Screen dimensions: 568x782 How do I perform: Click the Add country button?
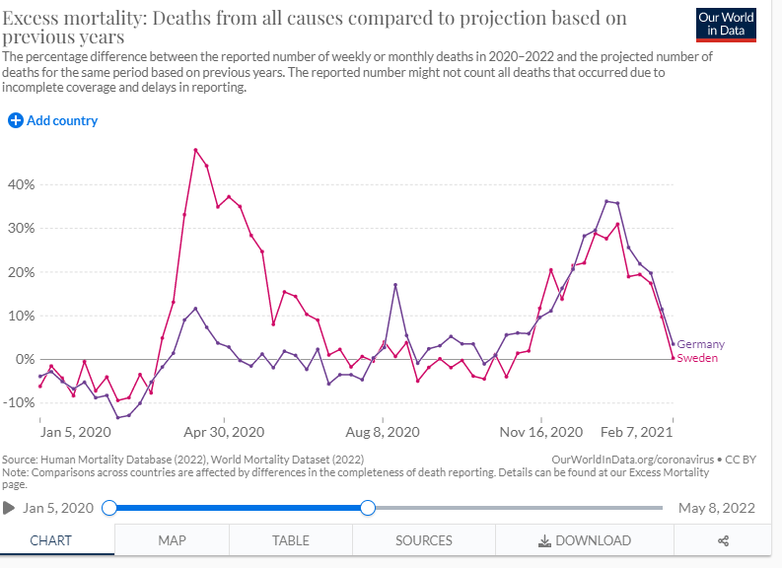[x=53, y=120]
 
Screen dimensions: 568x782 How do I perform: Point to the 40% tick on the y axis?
[x=22, y=184]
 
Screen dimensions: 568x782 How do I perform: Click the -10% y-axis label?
[x=19, y=402]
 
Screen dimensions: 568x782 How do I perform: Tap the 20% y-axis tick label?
[x=22, y=272]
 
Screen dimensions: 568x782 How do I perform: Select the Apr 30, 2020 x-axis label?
[x=225, y=432]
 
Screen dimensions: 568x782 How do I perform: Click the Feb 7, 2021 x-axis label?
[x=638, y=432]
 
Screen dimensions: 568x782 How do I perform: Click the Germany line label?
[x=700, y=344]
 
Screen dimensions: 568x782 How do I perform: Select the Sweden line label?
[x=697, y=358]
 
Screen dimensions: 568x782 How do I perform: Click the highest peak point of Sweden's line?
[x=195, y=150]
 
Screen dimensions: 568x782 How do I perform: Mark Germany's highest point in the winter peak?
[x=606, y=201]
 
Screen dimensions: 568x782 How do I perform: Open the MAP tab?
[x=172, y=540]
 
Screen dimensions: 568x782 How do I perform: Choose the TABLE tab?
[x=291, y=540]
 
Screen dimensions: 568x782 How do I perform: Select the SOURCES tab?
[x=424, y=540]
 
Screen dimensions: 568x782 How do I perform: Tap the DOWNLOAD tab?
[x=585, y=540]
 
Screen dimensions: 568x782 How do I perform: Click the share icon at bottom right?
[x=723, y=540]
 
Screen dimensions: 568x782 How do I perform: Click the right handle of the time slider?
[x=368, y=508]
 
